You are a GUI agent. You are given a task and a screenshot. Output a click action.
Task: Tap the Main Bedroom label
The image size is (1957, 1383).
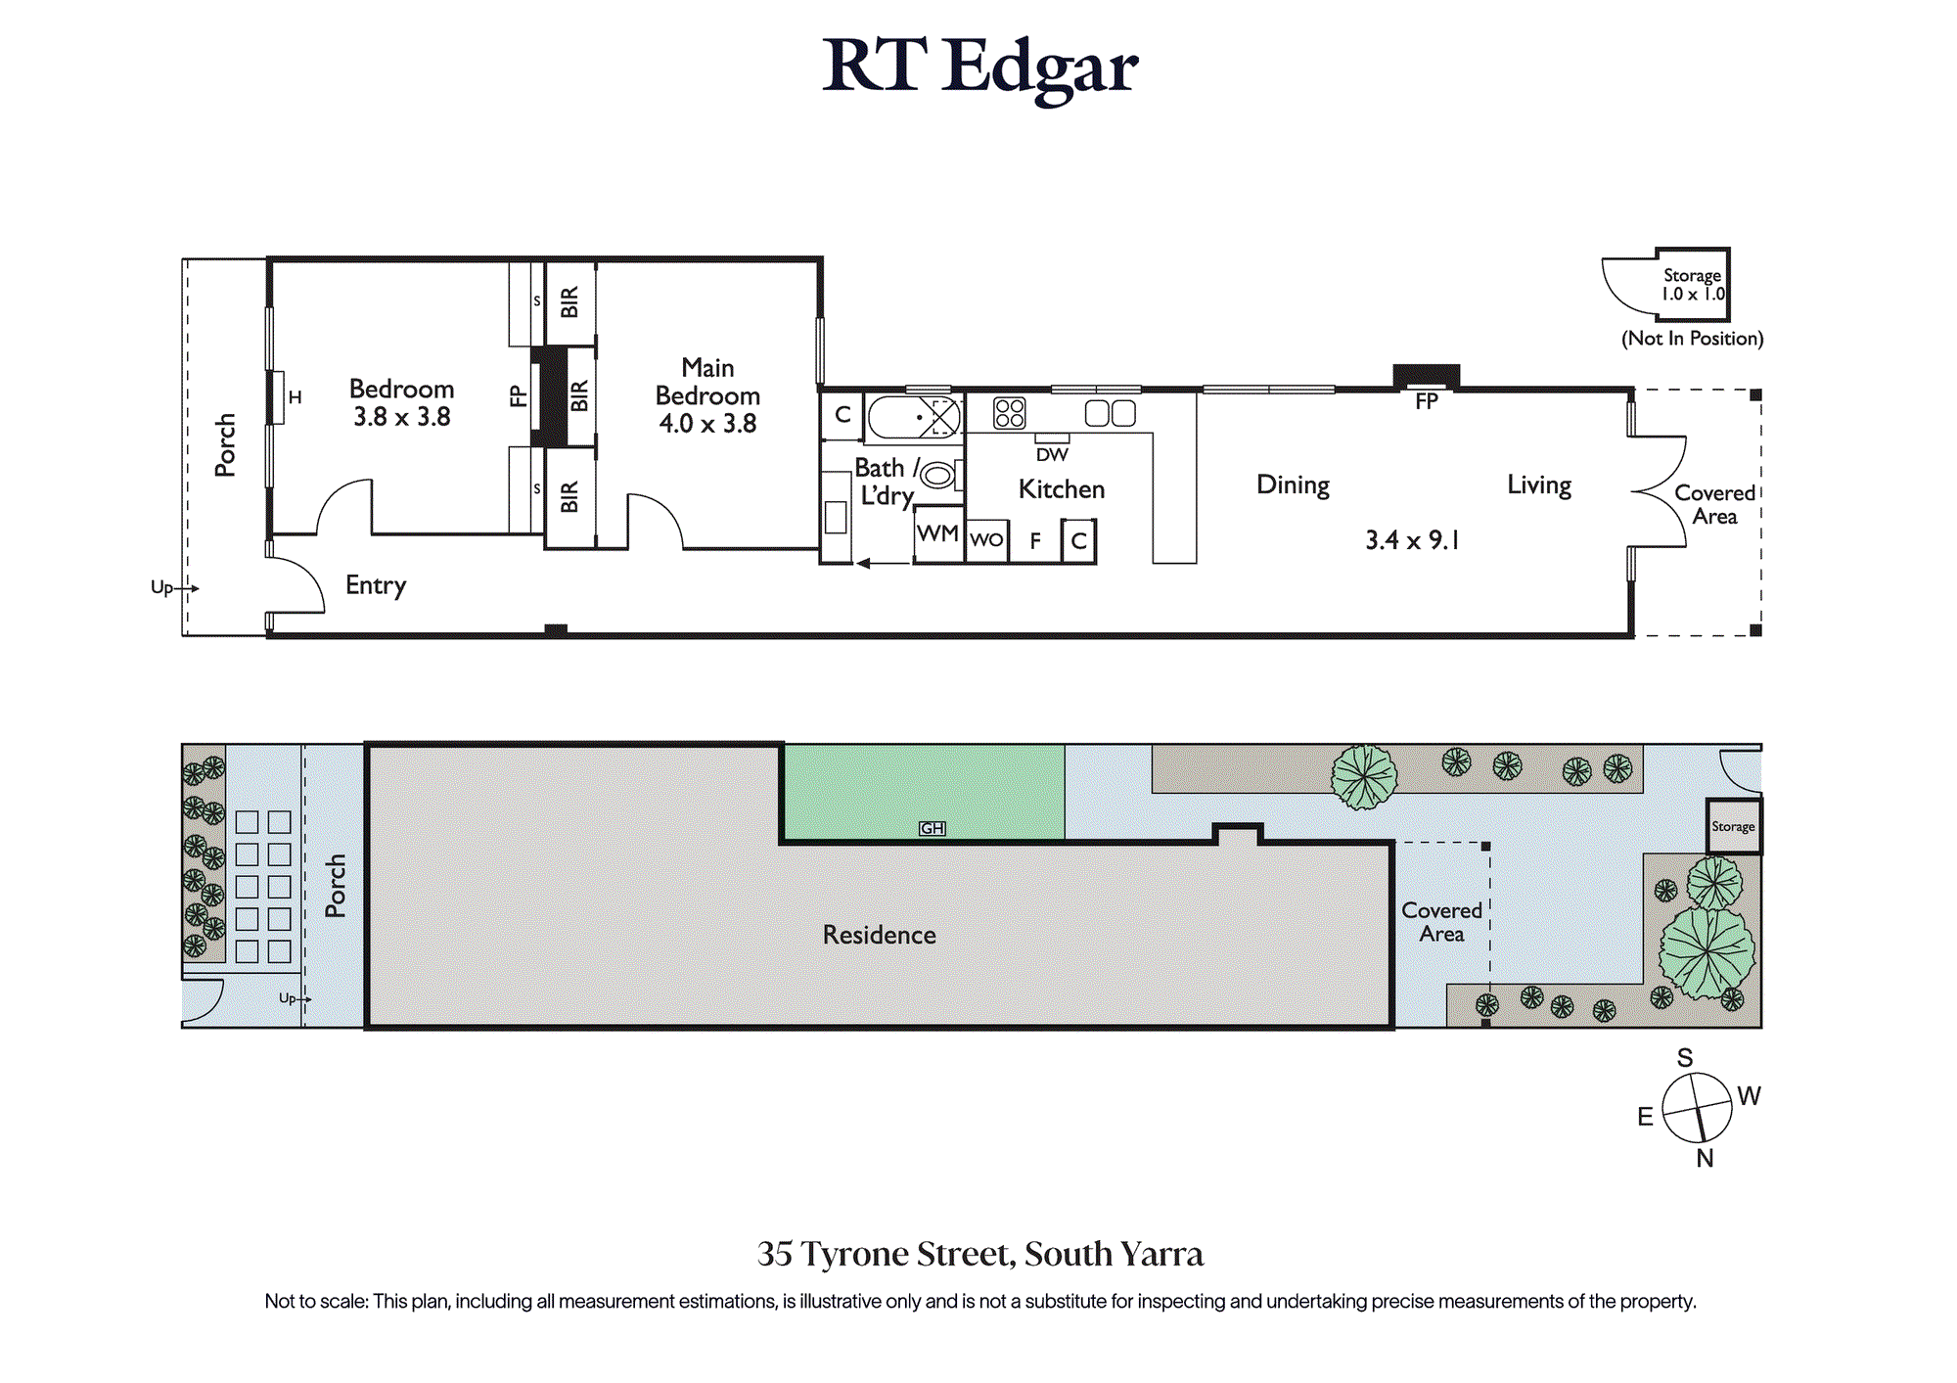point(707,382)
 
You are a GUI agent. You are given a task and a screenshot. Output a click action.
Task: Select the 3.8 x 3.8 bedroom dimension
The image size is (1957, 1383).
point(402,417)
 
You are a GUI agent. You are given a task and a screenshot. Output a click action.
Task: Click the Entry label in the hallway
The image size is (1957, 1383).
point(376,585)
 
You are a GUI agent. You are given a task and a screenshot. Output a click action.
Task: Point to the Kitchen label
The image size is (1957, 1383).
point(1062,489)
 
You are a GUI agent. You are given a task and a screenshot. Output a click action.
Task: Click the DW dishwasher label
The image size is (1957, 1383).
point(1052,455)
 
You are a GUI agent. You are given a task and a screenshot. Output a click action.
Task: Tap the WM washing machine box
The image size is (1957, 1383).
point(938,534)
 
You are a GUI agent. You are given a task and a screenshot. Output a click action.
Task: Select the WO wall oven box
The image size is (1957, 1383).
point(986,540)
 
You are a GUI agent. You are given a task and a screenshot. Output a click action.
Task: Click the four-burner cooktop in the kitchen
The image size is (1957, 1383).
point(1010,413)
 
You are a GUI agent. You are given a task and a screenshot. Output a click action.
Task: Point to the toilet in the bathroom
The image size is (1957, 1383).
point(939,476)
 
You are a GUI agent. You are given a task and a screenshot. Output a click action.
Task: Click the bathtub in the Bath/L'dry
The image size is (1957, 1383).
point(914,417)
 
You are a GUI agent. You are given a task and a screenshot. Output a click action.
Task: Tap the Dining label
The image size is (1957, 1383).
point(1293,485)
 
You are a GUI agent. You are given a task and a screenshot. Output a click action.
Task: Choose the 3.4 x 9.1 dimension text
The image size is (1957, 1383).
point(1412,540)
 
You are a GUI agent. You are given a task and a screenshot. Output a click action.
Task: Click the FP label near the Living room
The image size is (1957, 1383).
point(1427,401)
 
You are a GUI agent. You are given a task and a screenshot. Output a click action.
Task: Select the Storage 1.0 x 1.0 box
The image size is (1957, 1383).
point(1693,285)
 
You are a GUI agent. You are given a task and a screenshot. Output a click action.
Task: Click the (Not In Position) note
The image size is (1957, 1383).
point(1693,339)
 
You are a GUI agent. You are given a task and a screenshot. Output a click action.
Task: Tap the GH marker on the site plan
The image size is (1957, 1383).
point(933,828)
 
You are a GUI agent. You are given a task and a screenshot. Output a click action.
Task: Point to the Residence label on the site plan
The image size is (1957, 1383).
point(879,936)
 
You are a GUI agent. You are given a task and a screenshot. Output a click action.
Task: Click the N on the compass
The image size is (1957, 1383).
point(1705,1159)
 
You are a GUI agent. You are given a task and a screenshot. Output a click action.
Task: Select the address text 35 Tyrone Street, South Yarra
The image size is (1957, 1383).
point(979,1254)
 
